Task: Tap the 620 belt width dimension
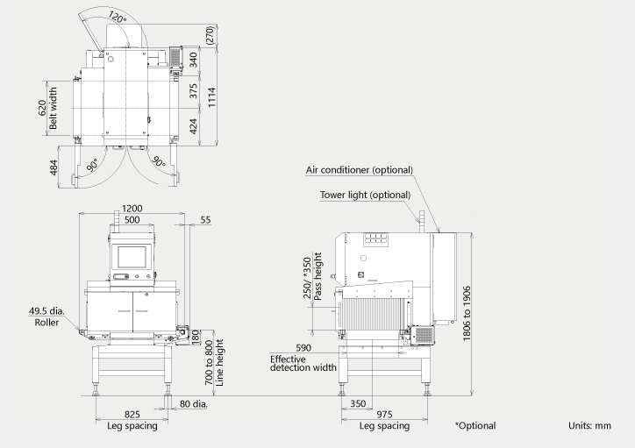41,108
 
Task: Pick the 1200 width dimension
132,209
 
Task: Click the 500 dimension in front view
132,220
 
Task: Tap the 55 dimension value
206,220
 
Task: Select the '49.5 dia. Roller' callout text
47,316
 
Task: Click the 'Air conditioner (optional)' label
359,170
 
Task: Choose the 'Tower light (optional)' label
364,195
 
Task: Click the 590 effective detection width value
304,348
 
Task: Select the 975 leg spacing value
384,414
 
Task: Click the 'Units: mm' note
589,426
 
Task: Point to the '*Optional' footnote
474,426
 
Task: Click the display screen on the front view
132,257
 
